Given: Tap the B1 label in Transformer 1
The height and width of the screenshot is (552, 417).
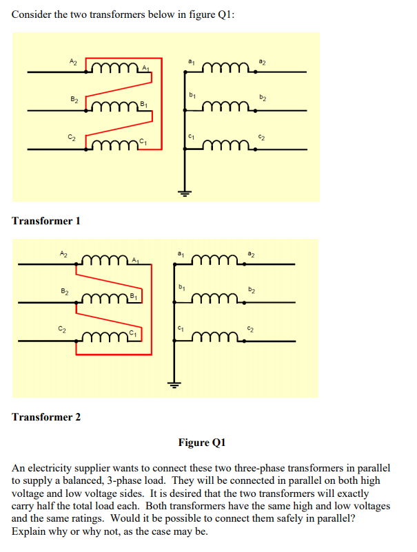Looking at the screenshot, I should pos(143,104).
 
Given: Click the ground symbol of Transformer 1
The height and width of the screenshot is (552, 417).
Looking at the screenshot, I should pos(183,192).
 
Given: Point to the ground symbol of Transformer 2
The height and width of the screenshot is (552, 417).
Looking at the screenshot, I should pos(174,386).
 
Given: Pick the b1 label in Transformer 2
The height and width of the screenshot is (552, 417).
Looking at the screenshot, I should pos(182,287).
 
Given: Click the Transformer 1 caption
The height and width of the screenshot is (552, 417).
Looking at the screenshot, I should pos(46,221).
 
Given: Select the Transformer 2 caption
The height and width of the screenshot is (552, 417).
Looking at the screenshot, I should pos(46,417).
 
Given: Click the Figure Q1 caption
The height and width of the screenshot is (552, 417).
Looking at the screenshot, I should pos(202,442).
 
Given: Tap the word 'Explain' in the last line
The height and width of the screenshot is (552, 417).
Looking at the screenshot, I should pos(29,532).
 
